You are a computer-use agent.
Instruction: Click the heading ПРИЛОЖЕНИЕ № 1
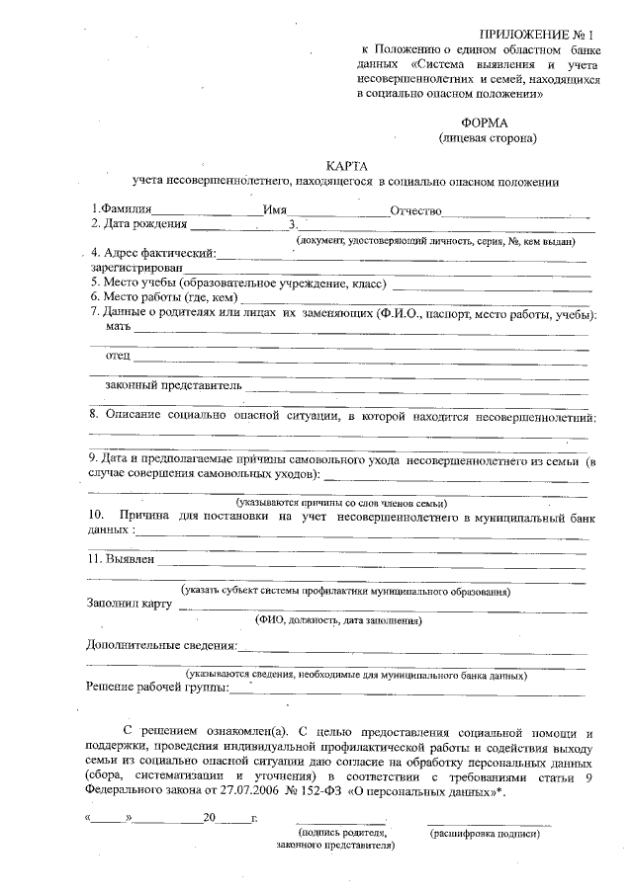[542, 36]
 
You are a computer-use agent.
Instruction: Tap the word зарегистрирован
[136, 267]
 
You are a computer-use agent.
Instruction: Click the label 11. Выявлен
[122, 559]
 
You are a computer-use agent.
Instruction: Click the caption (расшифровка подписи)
[485, 835]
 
